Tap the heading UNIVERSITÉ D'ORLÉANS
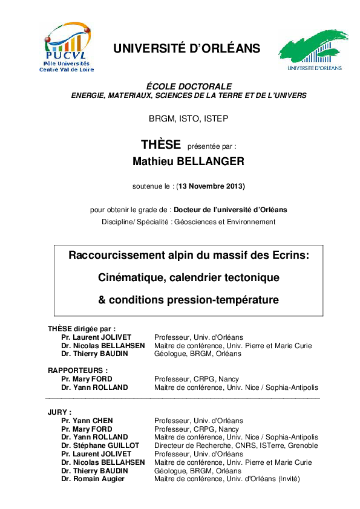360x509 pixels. point(186,49)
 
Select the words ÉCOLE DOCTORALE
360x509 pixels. point(189,86)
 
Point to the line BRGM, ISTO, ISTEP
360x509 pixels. point(188,118)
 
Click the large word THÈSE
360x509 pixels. point(161,145)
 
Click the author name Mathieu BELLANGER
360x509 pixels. point(188,162)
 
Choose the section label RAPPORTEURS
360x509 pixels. point(77,370)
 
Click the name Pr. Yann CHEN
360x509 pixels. point(87,421)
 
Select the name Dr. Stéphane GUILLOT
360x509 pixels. point(100,446)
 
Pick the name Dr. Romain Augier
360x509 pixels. point(93,479)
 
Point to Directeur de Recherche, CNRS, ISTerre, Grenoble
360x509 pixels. point(236,446)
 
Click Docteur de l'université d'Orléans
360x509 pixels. point(230,210)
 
